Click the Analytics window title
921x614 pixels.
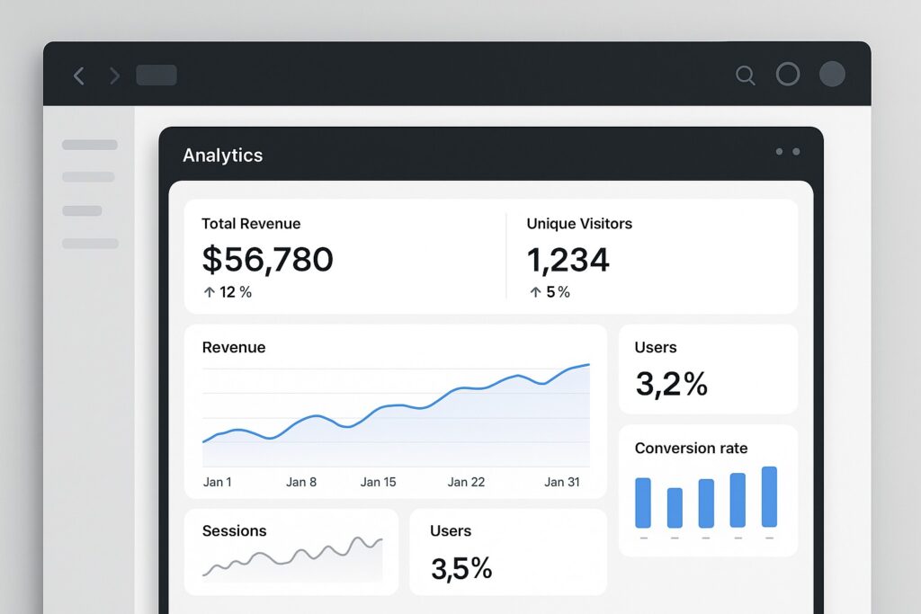[222, 156]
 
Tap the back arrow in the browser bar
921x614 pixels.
[79, 76]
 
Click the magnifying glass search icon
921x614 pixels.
[745, 76]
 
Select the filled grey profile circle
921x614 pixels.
[832, 74]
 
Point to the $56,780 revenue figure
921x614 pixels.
[267, 260]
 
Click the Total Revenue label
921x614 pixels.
[251, 224]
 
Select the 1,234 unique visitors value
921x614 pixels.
[568, 260]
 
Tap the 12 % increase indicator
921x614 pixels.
[228, 292]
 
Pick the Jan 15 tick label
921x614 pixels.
[378, 482]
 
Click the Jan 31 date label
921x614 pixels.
[561, 482]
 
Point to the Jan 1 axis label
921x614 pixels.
[217, 482]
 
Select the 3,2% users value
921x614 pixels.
[671, 384]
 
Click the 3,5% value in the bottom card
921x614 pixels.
[460, 568]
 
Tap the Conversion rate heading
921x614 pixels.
[691, 448]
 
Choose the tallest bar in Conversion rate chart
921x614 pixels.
[769, 496]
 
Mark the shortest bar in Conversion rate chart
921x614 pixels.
[675, 508]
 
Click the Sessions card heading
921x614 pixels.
[234, 531]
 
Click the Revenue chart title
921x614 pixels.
[234, 348]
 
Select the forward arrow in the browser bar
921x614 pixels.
[114, 76]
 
